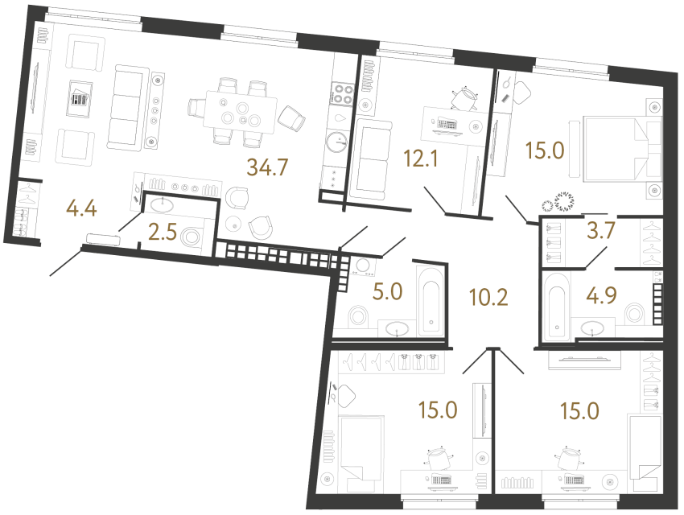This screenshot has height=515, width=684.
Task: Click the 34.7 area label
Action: point(269,168)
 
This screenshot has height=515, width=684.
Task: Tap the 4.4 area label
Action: point(82,212)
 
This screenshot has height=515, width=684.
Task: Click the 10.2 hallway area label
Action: point(489,299)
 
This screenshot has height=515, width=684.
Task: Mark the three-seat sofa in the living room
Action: point(125,108)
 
